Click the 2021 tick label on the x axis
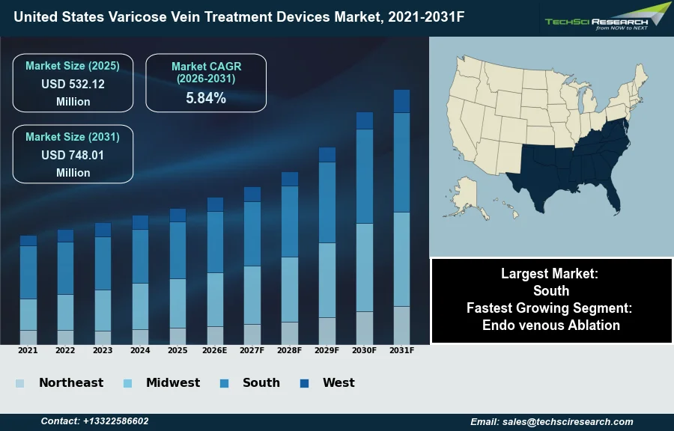tap(28, 350)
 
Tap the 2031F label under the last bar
tap(401, 350)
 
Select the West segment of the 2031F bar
tap(401, 101)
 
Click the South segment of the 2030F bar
tap(364, 177)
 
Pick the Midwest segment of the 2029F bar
tap(327, 280)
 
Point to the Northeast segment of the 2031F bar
tap(401, 325)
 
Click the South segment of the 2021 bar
tap(28, 272)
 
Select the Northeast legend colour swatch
tap(19, 384)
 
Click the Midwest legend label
tap(173, 383)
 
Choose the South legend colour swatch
tap(224, 384)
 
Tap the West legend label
tap(338, 383)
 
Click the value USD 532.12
tap(73, 84)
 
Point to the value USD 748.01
tap(73, 155)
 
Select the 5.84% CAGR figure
tap(206, 97)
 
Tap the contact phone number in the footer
tap(94, 421)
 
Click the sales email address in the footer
tap(552, 421)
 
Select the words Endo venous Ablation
tap(551, 325)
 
